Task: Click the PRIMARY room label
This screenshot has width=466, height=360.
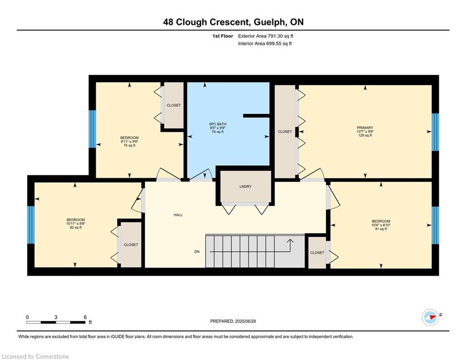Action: [x=365, y=127]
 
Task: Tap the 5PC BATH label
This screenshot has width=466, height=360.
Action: [x=218, y=124]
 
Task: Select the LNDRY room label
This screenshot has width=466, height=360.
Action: [x=245, y=187]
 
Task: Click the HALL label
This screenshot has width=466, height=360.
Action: [x=178, y=215]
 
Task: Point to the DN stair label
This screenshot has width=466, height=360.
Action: [x=197, y=252]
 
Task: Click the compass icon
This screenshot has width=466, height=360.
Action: [x=430, y=317]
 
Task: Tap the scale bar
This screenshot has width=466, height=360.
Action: [x=56, y=322]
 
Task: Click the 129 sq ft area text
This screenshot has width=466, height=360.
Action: [x=365, y=135]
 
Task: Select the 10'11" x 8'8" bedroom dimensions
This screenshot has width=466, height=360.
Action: [x=76, y=224]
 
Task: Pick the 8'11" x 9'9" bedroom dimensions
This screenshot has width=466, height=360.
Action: [x=129, y=142]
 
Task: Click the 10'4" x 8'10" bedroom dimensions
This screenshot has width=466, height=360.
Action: [x=381, y=225]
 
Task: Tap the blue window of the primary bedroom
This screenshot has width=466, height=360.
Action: [x=435, y=132]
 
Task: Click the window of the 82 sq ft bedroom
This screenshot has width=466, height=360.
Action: [x=31, y=225]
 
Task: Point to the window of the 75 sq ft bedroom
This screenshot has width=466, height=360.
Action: [x=92, y=129]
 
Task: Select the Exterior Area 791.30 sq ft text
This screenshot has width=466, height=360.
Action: [x=266, y=36]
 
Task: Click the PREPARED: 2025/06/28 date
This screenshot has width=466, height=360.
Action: [x=233, y=321]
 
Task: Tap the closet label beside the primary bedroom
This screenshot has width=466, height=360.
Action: [x=285, y=132]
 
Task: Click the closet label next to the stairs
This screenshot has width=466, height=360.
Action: [x=317, y=253]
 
